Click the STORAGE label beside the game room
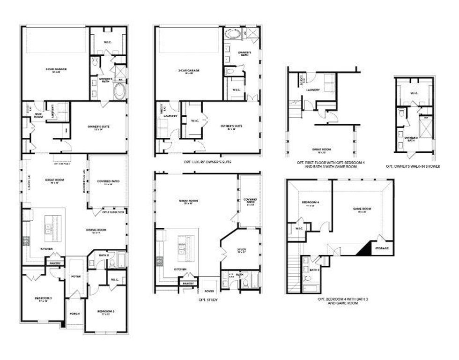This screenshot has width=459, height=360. [x=381, y=248]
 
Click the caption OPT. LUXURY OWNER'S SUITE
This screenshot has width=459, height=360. [x=208, y=162]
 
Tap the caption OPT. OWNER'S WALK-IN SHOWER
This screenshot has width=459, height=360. [x=413, y=166]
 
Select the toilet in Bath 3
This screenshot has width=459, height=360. [x=306, y=261]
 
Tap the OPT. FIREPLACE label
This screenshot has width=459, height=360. [x=62, y=164]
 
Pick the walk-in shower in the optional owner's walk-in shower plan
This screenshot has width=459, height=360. [x=425, y=127]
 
